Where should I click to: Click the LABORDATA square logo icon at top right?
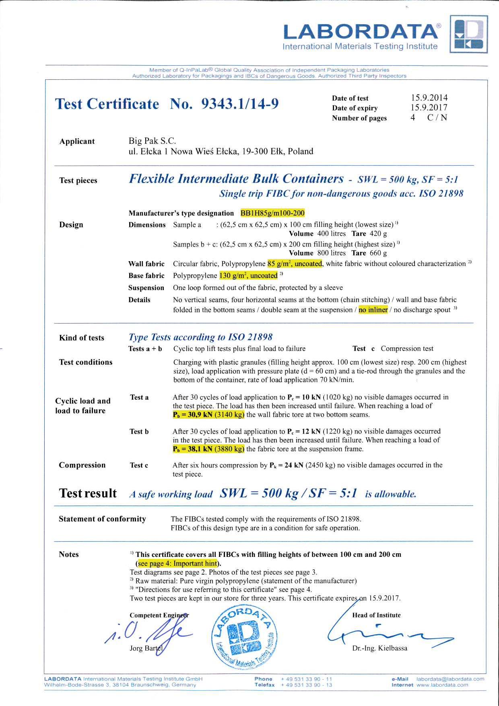click(468, 34)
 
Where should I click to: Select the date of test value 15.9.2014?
click(429, 98)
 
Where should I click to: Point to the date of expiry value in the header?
click(429, 108)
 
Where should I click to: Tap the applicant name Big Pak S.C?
click(152, 141)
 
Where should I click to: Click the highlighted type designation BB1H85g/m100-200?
click(272, 213)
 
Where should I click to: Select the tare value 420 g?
click(378, 234)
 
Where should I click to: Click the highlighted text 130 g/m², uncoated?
click(248, 276)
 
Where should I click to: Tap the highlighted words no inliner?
click(373, 309)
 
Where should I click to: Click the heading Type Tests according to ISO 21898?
click(200, 337)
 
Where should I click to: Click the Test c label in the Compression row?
click(139, 465)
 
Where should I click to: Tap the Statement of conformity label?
click(102, 519)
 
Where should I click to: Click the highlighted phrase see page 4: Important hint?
click(177, 563)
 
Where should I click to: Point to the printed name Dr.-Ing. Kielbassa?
click(379, 648)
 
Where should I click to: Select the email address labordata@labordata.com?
click(450, 679)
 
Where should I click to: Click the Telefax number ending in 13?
click(306, 685)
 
